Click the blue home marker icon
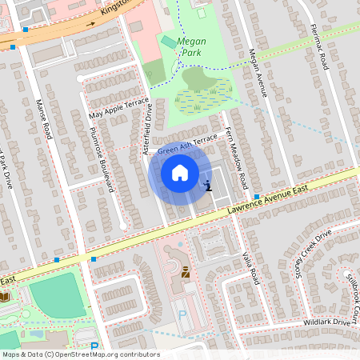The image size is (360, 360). [x=180, y=173]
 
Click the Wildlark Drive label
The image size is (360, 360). [x=327, y=322]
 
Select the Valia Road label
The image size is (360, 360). [x=250, y=266]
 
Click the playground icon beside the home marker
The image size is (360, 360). [x=208, y=186]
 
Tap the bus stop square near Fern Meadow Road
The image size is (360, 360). [x=256, y=196]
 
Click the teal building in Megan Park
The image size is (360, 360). [x=169, y=42]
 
